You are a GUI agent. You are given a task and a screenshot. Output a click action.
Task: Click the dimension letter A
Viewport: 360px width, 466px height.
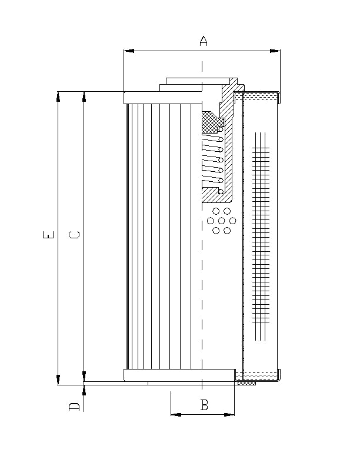pos(204,41)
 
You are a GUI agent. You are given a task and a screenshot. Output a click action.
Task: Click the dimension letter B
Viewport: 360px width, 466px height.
pos(204,405)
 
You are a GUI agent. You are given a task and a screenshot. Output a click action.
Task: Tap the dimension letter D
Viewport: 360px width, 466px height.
pos(75,407)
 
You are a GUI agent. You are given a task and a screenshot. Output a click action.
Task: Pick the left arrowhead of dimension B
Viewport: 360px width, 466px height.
pos(175,414)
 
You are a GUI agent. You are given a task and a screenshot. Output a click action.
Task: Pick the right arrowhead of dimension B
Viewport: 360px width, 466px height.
pos(230,414)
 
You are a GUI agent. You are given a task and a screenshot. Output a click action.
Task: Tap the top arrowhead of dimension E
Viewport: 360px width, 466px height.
pos(58,96)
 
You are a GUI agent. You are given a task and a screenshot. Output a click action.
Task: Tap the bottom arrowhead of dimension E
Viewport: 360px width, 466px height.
pos(58,381)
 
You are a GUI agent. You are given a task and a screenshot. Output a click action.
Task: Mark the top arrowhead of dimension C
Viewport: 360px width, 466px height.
pos(84,96)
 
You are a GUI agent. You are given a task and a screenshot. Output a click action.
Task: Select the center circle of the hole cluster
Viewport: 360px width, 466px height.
pos(221,221)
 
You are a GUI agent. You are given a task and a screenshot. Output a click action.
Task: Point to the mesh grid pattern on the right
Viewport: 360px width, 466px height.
pos(261,235)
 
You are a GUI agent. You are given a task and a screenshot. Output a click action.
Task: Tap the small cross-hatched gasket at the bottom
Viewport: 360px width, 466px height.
pos(246,383)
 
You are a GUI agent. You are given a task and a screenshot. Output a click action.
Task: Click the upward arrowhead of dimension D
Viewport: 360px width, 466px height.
pos(84,390)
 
